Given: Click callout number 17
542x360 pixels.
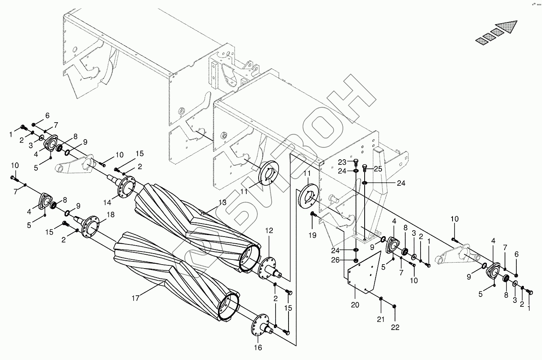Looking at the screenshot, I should (135, 298).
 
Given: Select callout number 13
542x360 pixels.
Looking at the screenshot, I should (222, 203).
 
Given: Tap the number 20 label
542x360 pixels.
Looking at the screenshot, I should (355, 304).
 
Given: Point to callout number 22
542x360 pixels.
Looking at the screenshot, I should (395, 327).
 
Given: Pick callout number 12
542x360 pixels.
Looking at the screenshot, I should (269, 230).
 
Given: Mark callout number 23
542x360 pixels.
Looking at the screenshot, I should (342, 162).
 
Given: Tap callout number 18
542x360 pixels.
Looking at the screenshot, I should (110, 215).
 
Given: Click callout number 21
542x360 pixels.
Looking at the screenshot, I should (380, 319).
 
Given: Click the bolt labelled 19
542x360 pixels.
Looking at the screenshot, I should (313, 215).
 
